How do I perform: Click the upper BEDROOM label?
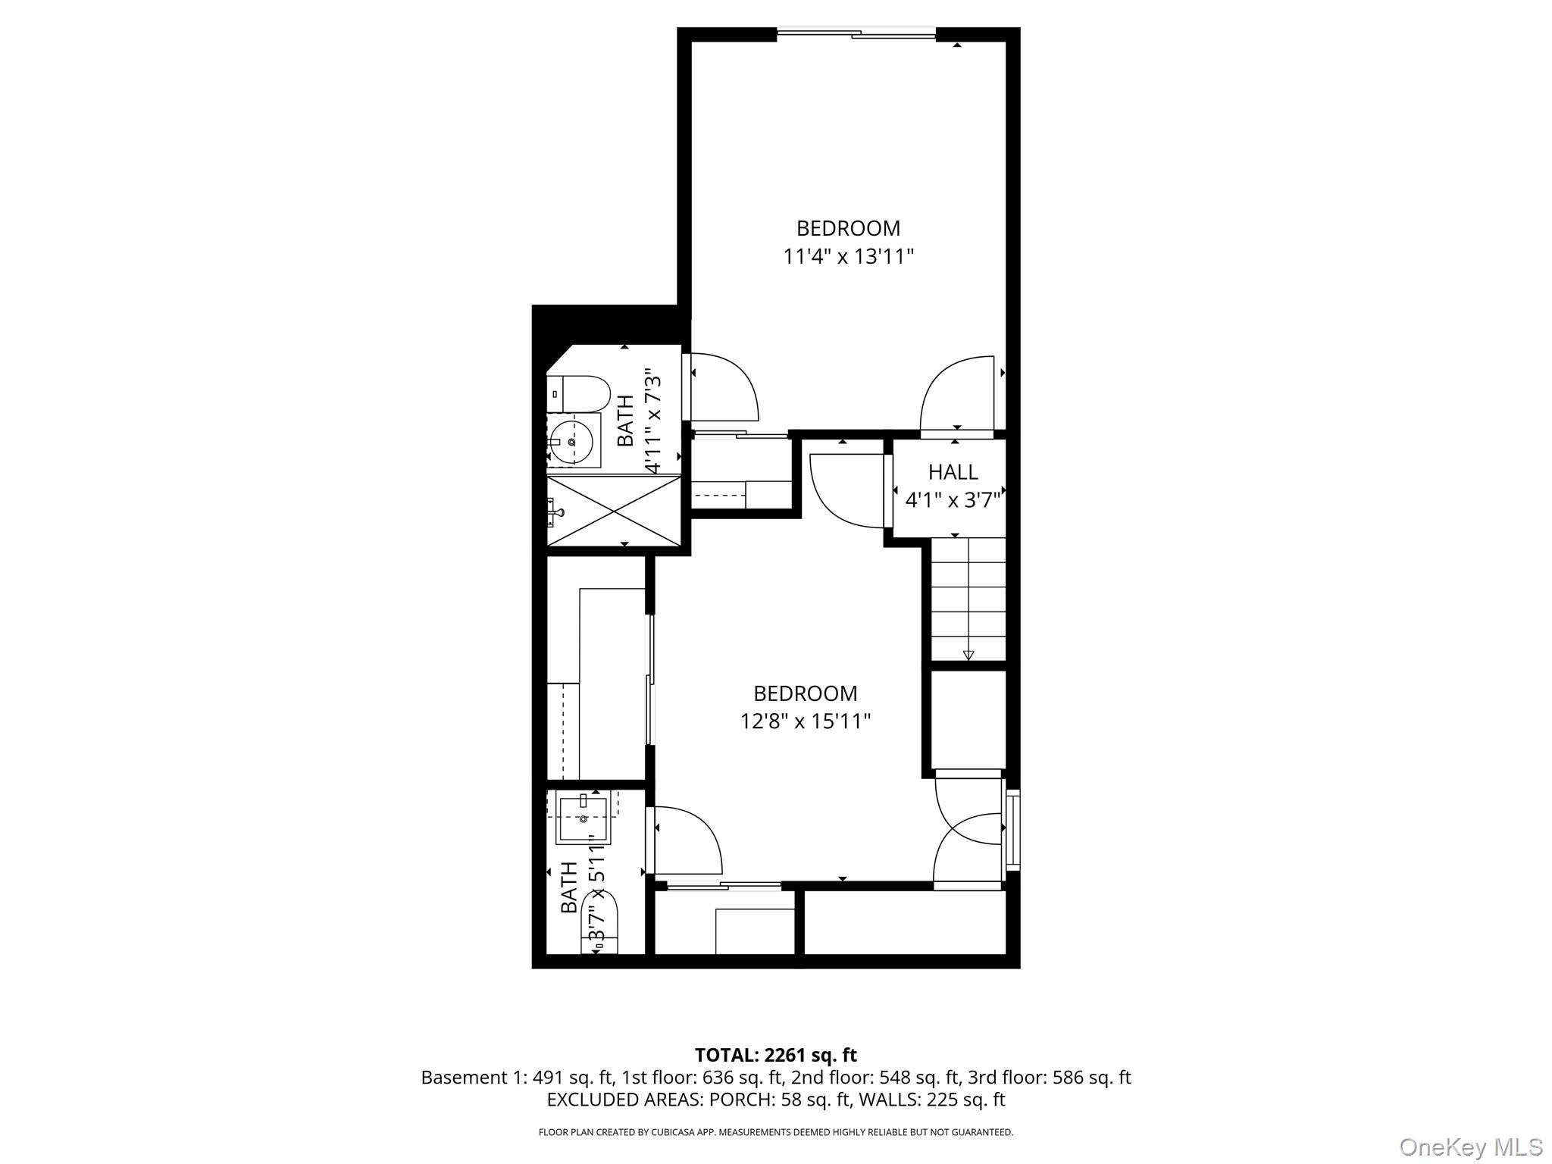tap(847, 228)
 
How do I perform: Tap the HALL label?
tap(953, 472)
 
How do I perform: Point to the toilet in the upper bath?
tap(579, 393)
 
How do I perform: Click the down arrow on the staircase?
tap(968, 655)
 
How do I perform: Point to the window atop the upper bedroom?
tap(856, 33)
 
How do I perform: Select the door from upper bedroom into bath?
tap(724, 386)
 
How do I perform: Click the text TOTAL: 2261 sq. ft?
tap(775, 1055)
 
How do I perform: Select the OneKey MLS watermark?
tap(1470, 1147)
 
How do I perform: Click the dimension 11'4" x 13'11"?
tap(847, 257)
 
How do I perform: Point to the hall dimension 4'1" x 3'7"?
tap(953, 500)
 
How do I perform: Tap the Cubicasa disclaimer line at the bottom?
tap(775, 1132)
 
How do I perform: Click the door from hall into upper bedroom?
tap(956, 394)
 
